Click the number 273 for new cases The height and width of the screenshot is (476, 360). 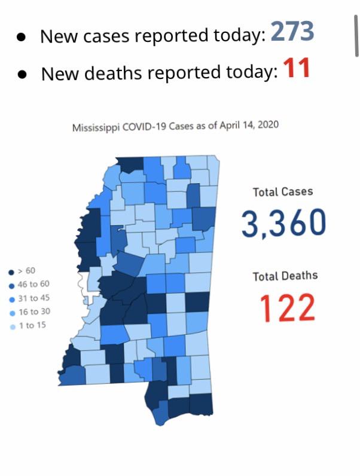pyautogui.click(x=292, y=32)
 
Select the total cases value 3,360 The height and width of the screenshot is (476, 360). pyautogui.click(x=284, y=223)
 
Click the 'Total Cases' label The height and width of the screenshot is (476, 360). pyautogui.click(x=283, y=192)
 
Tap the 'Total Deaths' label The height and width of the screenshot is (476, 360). pyautogui.click(x=285, y=276)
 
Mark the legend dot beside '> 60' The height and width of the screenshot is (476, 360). pyautogui.click(x=11, y=271)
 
